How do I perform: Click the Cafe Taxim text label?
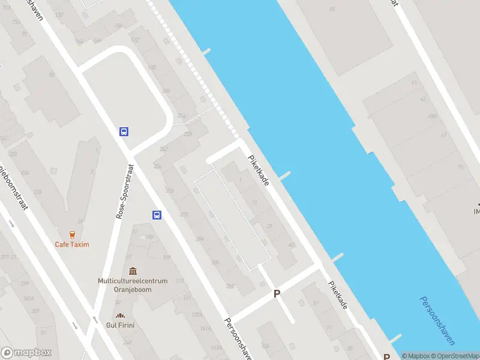71,244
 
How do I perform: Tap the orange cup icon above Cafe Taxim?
72,235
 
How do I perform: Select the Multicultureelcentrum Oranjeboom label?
124,284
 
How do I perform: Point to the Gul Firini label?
121,325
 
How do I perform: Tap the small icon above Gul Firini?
121,316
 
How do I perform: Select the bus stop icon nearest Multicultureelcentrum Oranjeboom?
157,215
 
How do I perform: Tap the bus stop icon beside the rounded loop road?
124,131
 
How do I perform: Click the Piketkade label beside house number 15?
262,169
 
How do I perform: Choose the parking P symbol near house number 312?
277,293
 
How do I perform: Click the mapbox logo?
26,353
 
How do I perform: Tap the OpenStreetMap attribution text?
457,356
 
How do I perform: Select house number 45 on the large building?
332,8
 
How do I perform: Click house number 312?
229,286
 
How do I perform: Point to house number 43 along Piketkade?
292,245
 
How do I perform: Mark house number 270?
184,214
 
